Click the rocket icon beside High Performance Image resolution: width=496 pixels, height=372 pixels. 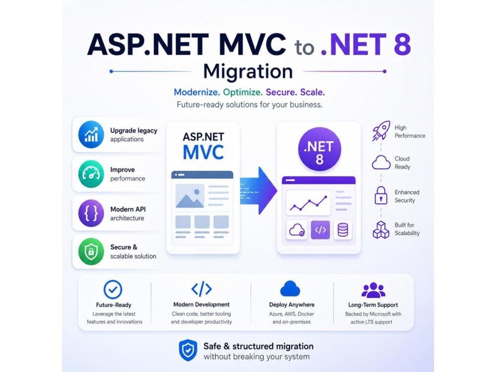tap(381, 130)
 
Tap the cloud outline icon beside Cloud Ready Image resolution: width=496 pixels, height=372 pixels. tap(381, 163)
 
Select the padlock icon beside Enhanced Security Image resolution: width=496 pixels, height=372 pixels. tap(381, 195)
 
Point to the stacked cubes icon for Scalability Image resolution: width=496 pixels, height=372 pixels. tap(381, 230)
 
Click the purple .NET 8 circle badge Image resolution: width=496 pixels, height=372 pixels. tap(319, 149)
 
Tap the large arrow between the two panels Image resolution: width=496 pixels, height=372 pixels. tap(258, 190)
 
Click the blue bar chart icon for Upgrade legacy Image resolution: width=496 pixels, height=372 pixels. tap(91, 134)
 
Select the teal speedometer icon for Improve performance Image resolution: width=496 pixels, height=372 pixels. tap(91, 174)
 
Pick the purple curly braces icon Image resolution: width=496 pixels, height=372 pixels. tap(91, 213)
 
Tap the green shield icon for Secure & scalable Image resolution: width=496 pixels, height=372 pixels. tap(91, 251)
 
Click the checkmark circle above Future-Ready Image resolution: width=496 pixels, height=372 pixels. tap(113, 289)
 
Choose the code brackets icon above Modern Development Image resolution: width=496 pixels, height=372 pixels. tap(201, 289)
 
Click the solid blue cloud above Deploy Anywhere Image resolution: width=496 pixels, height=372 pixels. tap(290, 288)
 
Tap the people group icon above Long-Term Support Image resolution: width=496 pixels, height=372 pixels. tap(373, 290)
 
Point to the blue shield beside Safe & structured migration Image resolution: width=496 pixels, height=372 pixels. tap(188, 350)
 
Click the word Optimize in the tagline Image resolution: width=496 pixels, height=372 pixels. tap(243, 92)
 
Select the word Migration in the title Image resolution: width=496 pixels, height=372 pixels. tap(248, 71)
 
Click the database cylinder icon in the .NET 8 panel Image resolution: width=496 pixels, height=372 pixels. tap(343, 230)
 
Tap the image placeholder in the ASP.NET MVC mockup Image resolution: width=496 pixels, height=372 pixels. tap(190, 196)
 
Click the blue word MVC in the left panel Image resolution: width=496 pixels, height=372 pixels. tap(203, 152)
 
